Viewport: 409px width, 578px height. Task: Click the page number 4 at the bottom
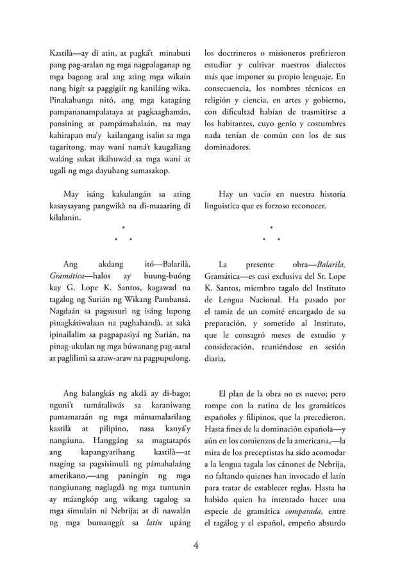(197, 545)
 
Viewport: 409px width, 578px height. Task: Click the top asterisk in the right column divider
(272, 227)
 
